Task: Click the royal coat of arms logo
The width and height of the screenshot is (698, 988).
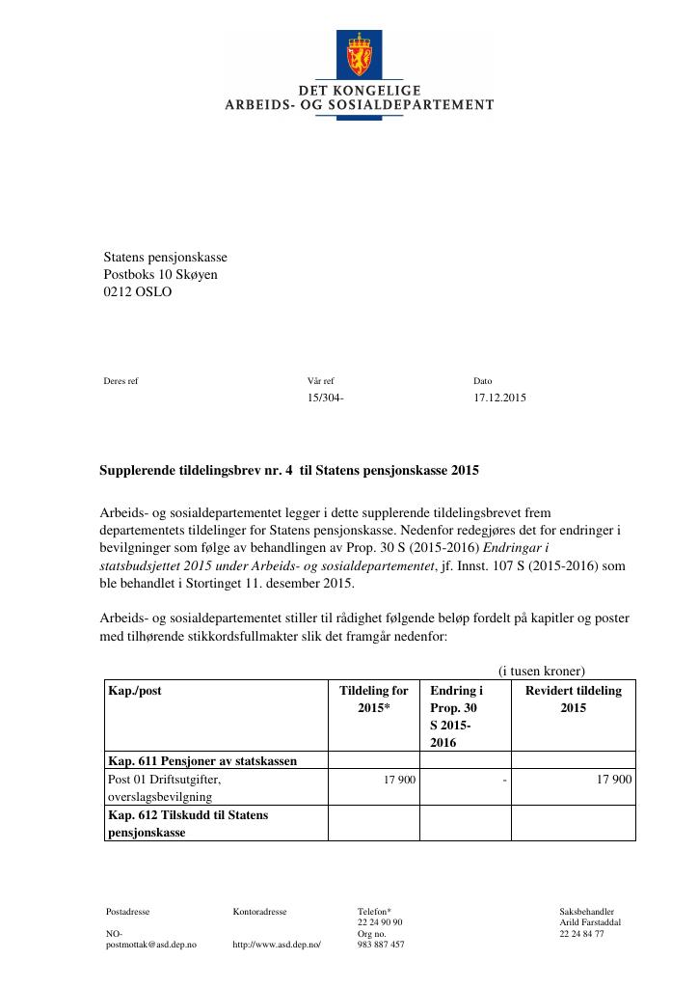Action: [x=359, y=55]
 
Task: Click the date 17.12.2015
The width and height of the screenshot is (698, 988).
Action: [x=499, y=398]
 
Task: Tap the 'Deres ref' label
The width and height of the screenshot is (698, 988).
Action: [x=121, y=381]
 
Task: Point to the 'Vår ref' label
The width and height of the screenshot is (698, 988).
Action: [x=320, y=381]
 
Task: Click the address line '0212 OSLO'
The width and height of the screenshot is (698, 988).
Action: [x=137, y=292]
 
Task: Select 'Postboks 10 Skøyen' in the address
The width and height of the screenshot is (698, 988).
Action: [x=160, y=275]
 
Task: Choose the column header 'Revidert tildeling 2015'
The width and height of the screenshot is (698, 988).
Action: [x=573, y=700]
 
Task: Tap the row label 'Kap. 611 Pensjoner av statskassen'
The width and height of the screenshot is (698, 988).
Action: [x=202, y=760]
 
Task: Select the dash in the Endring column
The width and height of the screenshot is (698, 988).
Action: [x=504, y=779]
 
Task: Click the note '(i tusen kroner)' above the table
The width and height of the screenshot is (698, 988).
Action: [x=541, y=672]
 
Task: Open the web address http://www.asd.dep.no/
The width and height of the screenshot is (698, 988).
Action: [x=276, y=945]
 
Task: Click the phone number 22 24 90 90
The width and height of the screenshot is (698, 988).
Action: [x=380, y=922]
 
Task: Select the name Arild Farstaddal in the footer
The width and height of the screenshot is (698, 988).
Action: [x=589, y=922]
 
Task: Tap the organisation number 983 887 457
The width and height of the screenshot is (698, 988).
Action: [x=381, y=945]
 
